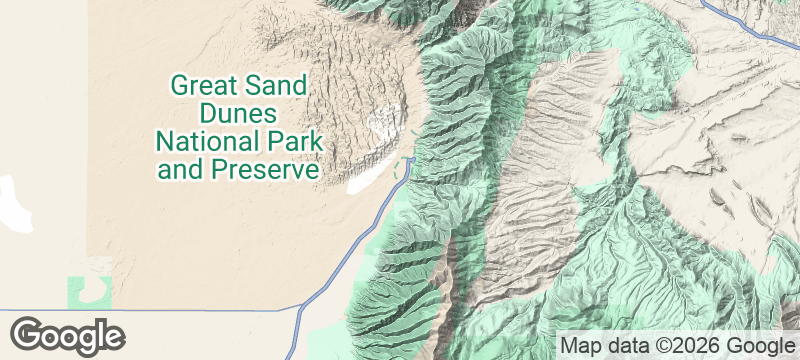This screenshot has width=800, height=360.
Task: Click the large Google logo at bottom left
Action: click(68, 334)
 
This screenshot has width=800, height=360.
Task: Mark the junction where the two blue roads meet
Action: click(303, 309)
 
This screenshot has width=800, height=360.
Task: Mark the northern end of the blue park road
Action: click(412, 155)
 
